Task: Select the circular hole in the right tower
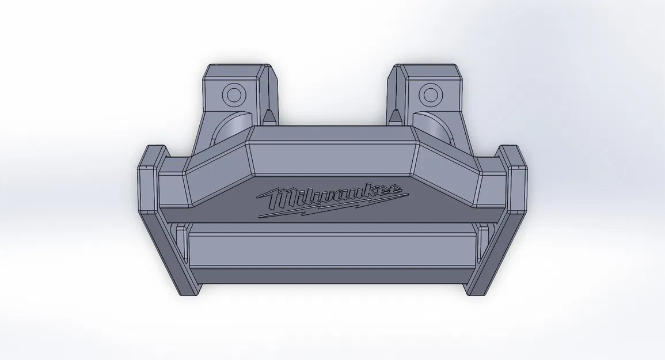click(429, 93)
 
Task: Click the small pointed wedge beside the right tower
click(394, 115)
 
